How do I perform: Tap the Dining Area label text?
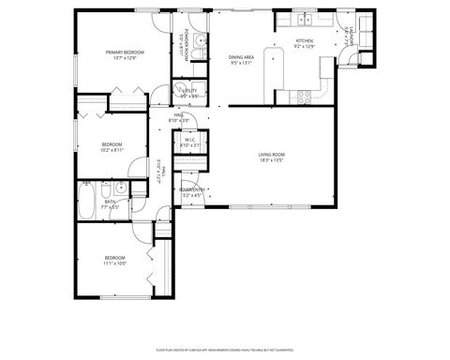[x=242, y=57]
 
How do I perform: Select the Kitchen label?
[x=304, y=41]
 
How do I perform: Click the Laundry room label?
[x=347, y=37]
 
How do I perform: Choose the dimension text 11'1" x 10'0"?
[x=114, y=263]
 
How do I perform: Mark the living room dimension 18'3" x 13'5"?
[x=272, y=160]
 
